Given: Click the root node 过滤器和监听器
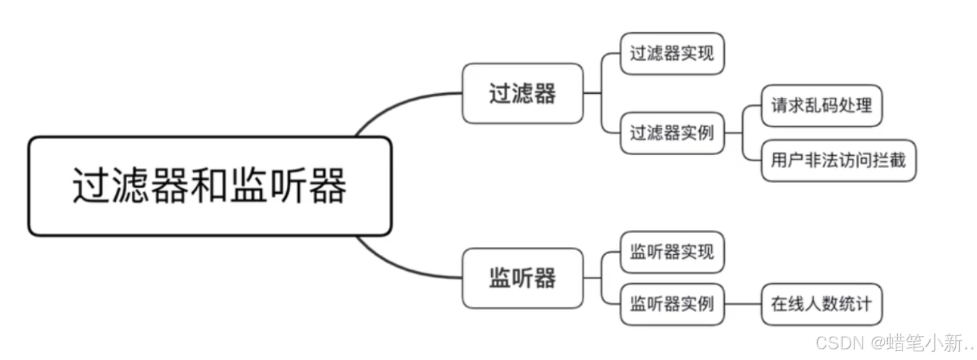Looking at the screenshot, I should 209,186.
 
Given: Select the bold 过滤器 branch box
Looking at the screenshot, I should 522,93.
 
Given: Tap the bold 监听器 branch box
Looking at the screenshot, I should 522,278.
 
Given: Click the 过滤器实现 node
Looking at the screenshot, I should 672,53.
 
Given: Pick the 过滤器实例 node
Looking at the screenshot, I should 672,133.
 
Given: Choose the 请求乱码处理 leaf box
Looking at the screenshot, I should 821,105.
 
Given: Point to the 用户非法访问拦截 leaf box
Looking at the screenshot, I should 839,160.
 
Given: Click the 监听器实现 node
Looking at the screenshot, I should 672,252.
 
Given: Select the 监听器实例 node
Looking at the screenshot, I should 672,304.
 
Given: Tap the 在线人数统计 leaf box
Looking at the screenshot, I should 821,304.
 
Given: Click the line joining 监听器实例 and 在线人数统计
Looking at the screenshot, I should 743,304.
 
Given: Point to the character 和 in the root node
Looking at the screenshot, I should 209,186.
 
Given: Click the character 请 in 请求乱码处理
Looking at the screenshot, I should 779,105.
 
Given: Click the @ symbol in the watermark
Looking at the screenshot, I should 877,343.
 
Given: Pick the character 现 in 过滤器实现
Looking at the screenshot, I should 705,53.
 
